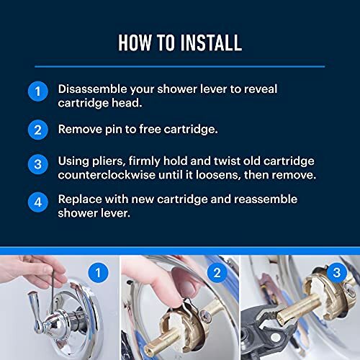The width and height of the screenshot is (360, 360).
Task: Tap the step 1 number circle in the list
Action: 38,92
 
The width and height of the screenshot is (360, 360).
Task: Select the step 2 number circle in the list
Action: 38,131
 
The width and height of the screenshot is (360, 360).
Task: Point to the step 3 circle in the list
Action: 38,164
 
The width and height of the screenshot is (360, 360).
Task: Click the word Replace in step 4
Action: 81,198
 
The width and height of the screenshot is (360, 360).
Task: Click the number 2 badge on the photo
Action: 215,272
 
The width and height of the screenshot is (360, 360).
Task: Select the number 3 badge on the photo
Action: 336,272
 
